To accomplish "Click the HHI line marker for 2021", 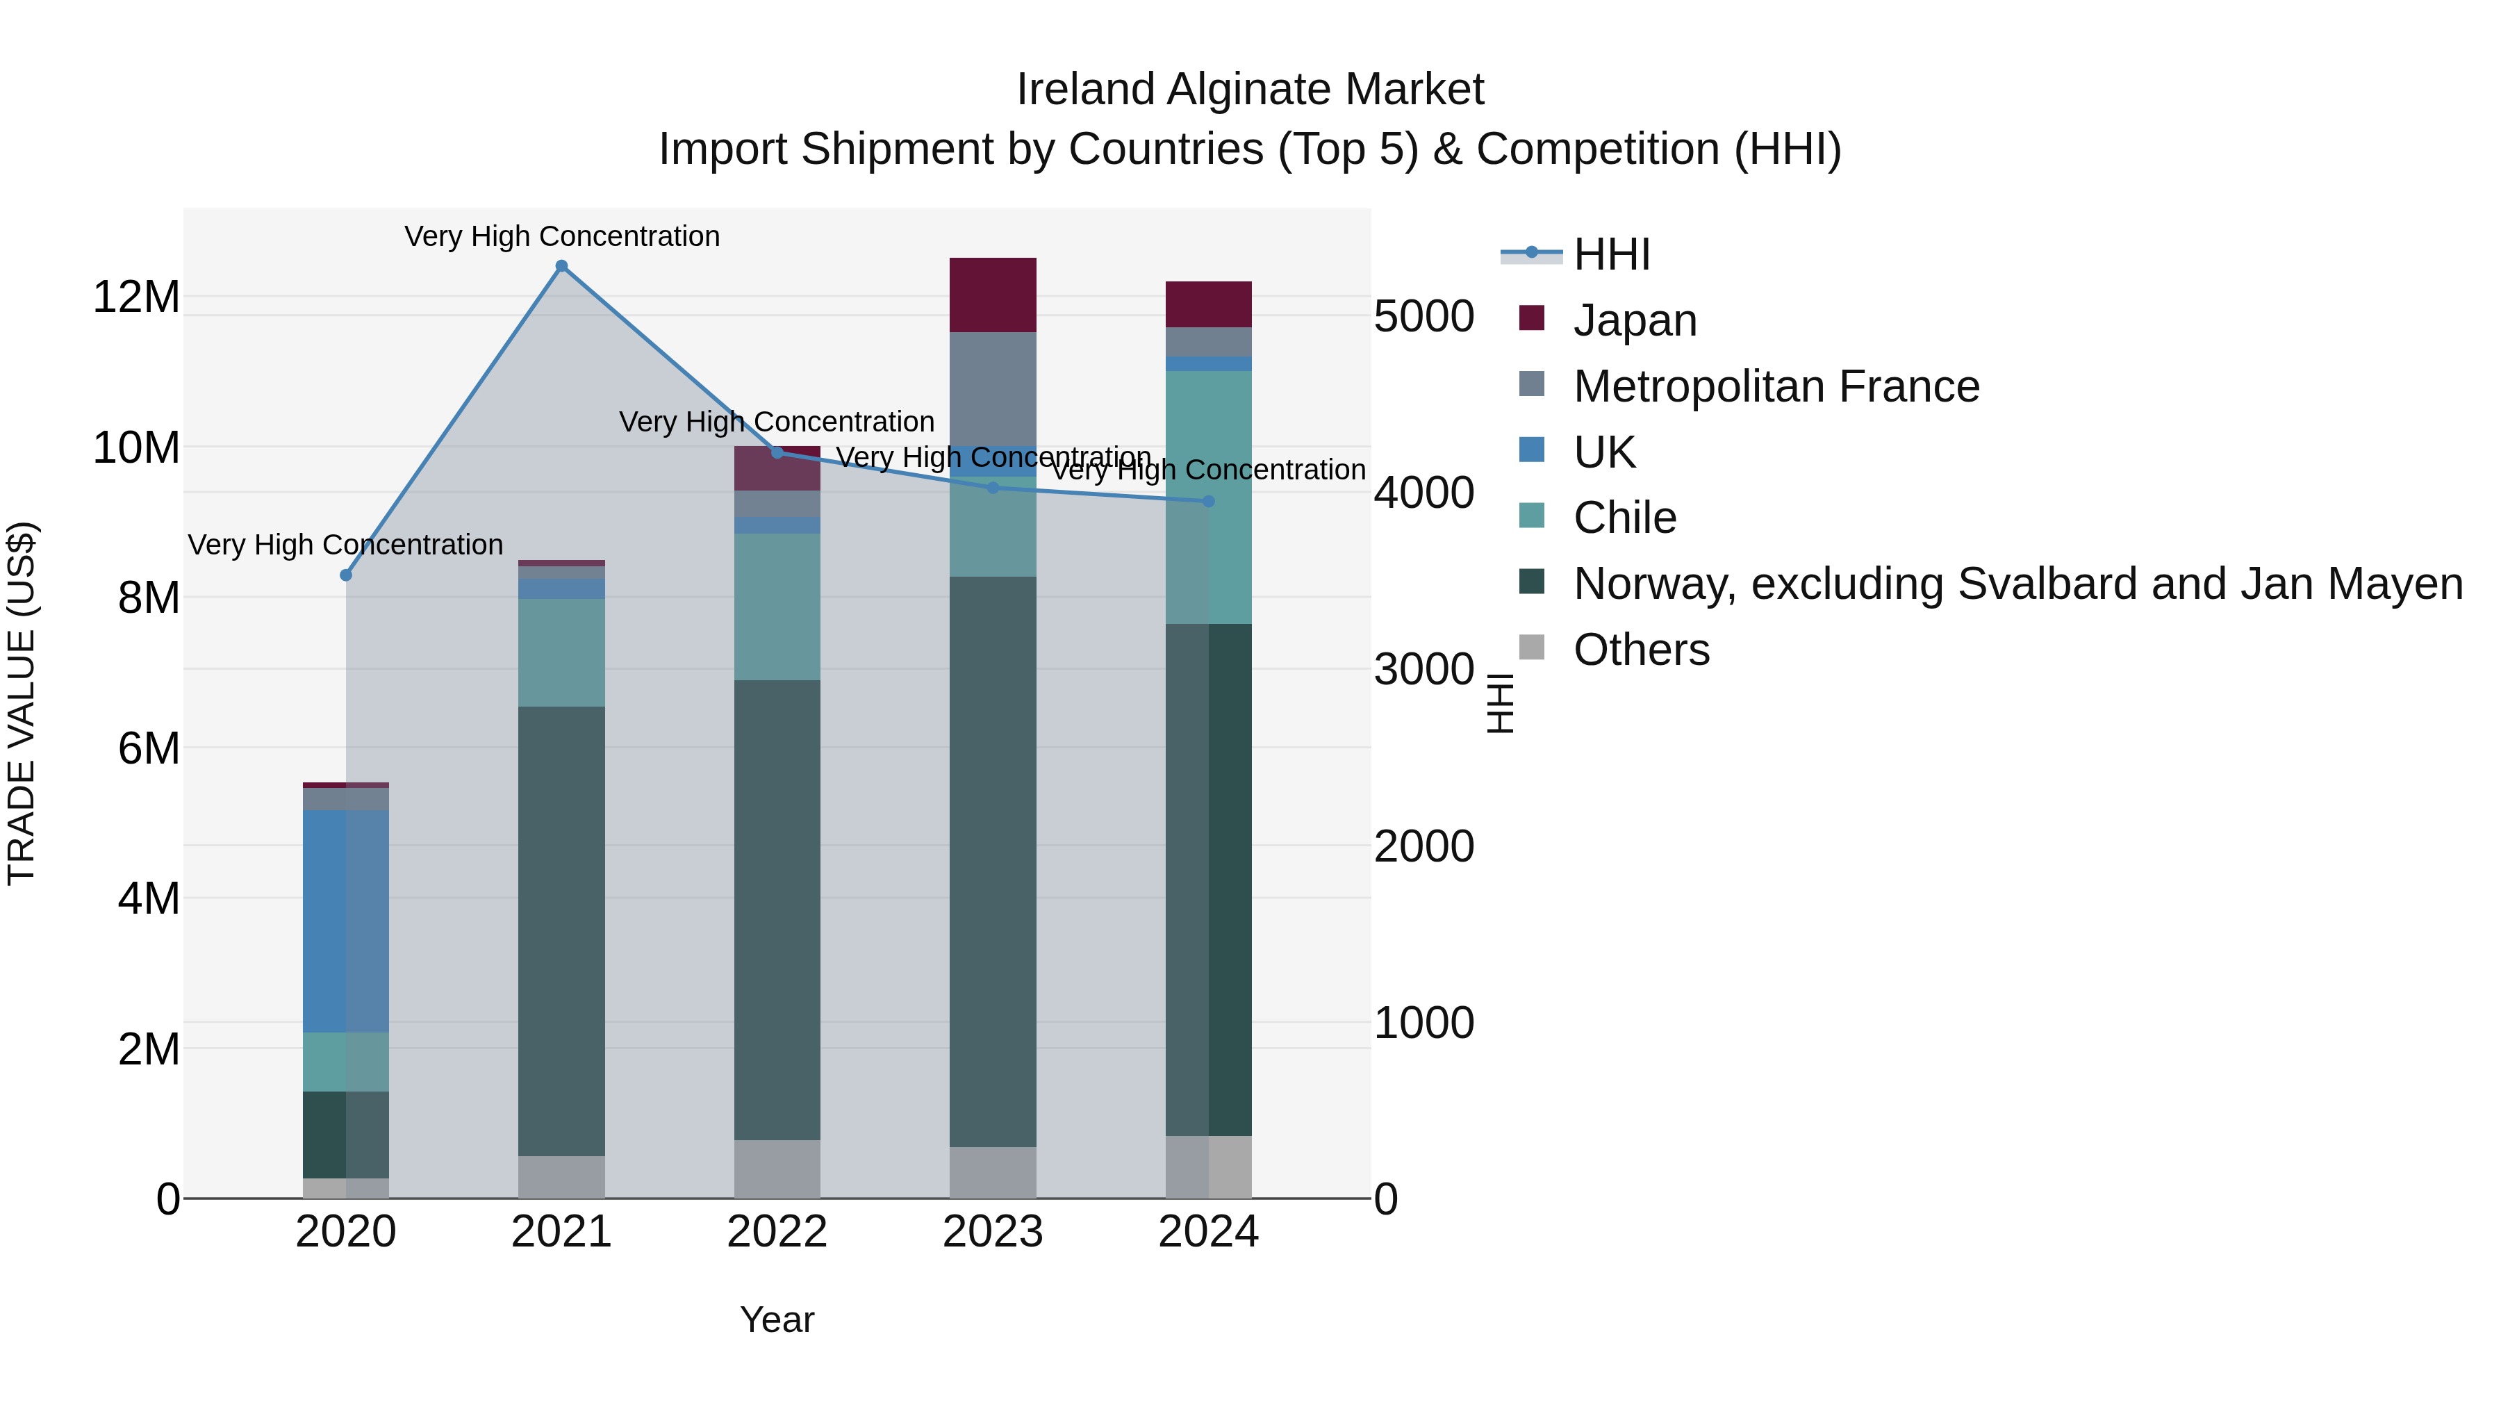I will click(x=561, y=266).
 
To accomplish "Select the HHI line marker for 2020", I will click(x=346, y=575).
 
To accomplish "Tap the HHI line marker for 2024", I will click(x=1208, y=501).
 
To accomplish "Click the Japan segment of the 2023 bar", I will click(x=992, y=295).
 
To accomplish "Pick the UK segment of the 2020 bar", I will click(x=346, y=921).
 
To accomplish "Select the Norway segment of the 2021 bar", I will click(x=561, y=930).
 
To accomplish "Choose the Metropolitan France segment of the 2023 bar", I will click(x=992, y=388).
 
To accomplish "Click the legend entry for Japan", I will click(x=1635, y=320).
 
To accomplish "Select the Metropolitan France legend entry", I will click(x=1776, y=386).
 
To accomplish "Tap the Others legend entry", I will click(x=1641, y=650).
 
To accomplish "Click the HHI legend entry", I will click(x=1612, y=254).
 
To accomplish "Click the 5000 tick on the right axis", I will click(x=1424, y=317).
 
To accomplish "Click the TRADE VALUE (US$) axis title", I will click(x=22, y=703).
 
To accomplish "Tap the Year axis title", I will click(x=777, y=1319).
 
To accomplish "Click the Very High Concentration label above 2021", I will click(x=562, y=236).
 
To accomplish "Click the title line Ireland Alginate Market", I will click(x=1250, y=90).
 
